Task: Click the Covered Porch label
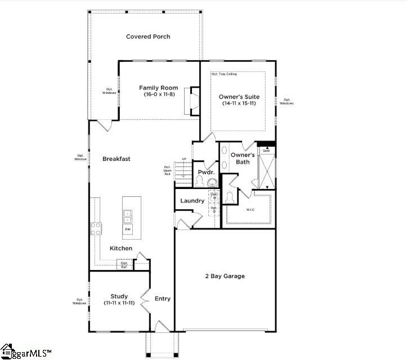coord(148,37)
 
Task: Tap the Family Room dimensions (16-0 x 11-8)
coord(159,94)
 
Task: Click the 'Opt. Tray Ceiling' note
coord(223,74)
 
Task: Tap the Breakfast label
coord(117,159)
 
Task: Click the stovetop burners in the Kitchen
coord(96,228)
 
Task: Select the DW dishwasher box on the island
coord(128,229)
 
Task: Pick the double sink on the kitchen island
coord(128,216)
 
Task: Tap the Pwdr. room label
coord(204,172)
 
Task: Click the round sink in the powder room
coord(212,182)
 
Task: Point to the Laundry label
coord(192,201)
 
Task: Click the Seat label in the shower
coord(266,151)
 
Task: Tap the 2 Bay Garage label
coord(225,276)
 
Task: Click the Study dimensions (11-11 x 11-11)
coord(119,303)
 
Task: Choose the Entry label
coord(163,299)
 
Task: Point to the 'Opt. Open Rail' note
coord(167,170)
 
